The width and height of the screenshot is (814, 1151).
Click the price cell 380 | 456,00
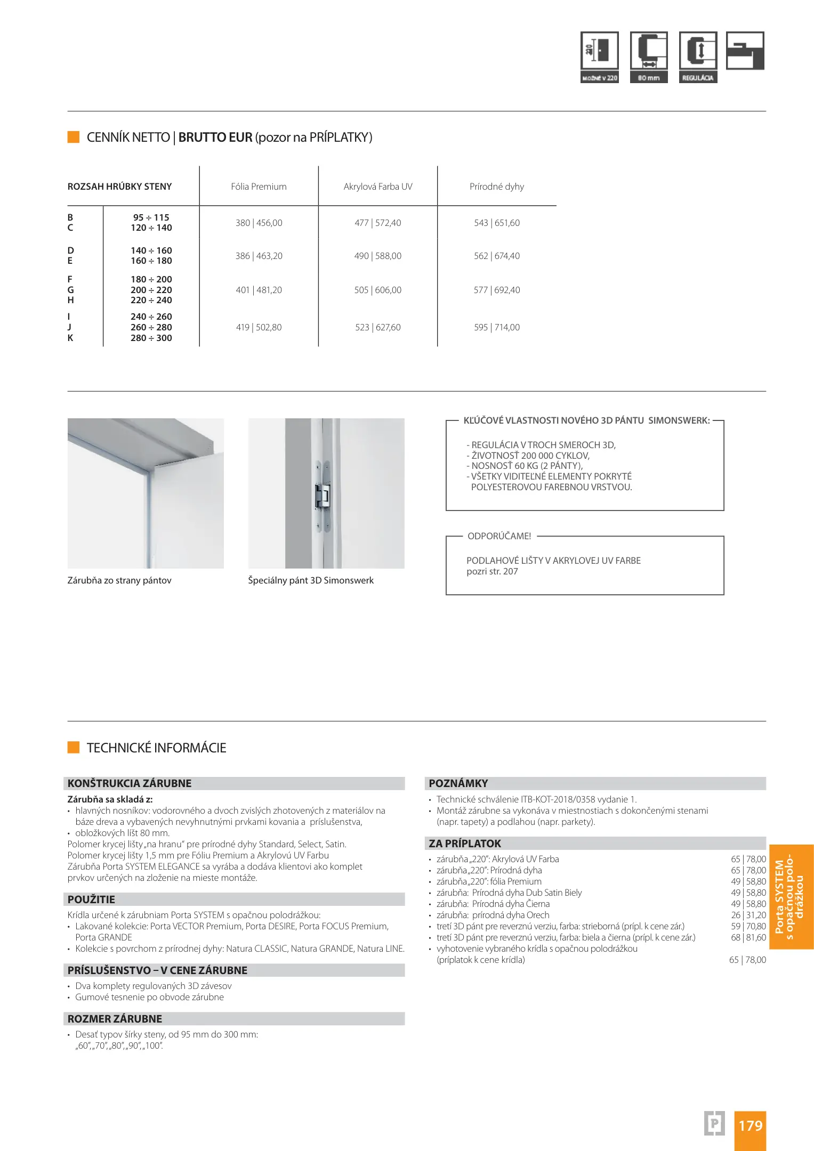pos(259,223)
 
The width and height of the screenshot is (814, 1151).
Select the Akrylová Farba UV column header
pos(378,187)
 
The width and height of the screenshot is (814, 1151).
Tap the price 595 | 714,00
pos(496,327)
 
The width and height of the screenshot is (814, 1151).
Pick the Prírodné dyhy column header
pos(496,187)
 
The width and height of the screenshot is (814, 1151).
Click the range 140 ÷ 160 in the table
pos(151,250)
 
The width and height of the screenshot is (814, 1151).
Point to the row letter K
pos(70,338)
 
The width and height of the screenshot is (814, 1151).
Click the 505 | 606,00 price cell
pos(377,290)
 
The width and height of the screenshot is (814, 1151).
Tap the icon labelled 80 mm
pos(649,57)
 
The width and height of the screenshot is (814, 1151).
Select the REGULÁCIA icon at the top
pos(698,57)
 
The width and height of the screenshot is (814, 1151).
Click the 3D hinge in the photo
pos(323,496)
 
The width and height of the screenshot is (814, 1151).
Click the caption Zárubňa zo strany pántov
pos(119,580)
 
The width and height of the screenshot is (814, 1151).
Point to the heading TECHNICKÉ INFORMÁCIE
pos(156,748)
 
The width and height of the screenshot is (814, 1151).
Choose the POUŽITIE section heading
pos(91,899)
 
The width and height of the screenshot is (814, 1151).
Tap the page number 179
pos(750,1125)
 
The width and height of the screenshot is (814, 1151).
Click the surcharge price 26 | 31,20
pos(748,915)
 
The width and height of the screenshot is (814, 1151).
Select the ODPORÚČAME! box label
pos(499,536)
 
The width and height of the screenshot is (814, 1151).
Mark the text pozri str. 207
pos(492,572)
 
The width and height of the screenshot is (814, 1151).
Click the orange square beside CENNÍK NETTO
pos(74,137)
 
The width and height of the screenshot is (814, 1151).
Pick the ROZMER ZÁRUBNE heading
pos(115,1019)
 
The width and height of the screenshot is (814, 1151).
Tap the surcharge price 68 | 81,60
pos(748,937)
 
